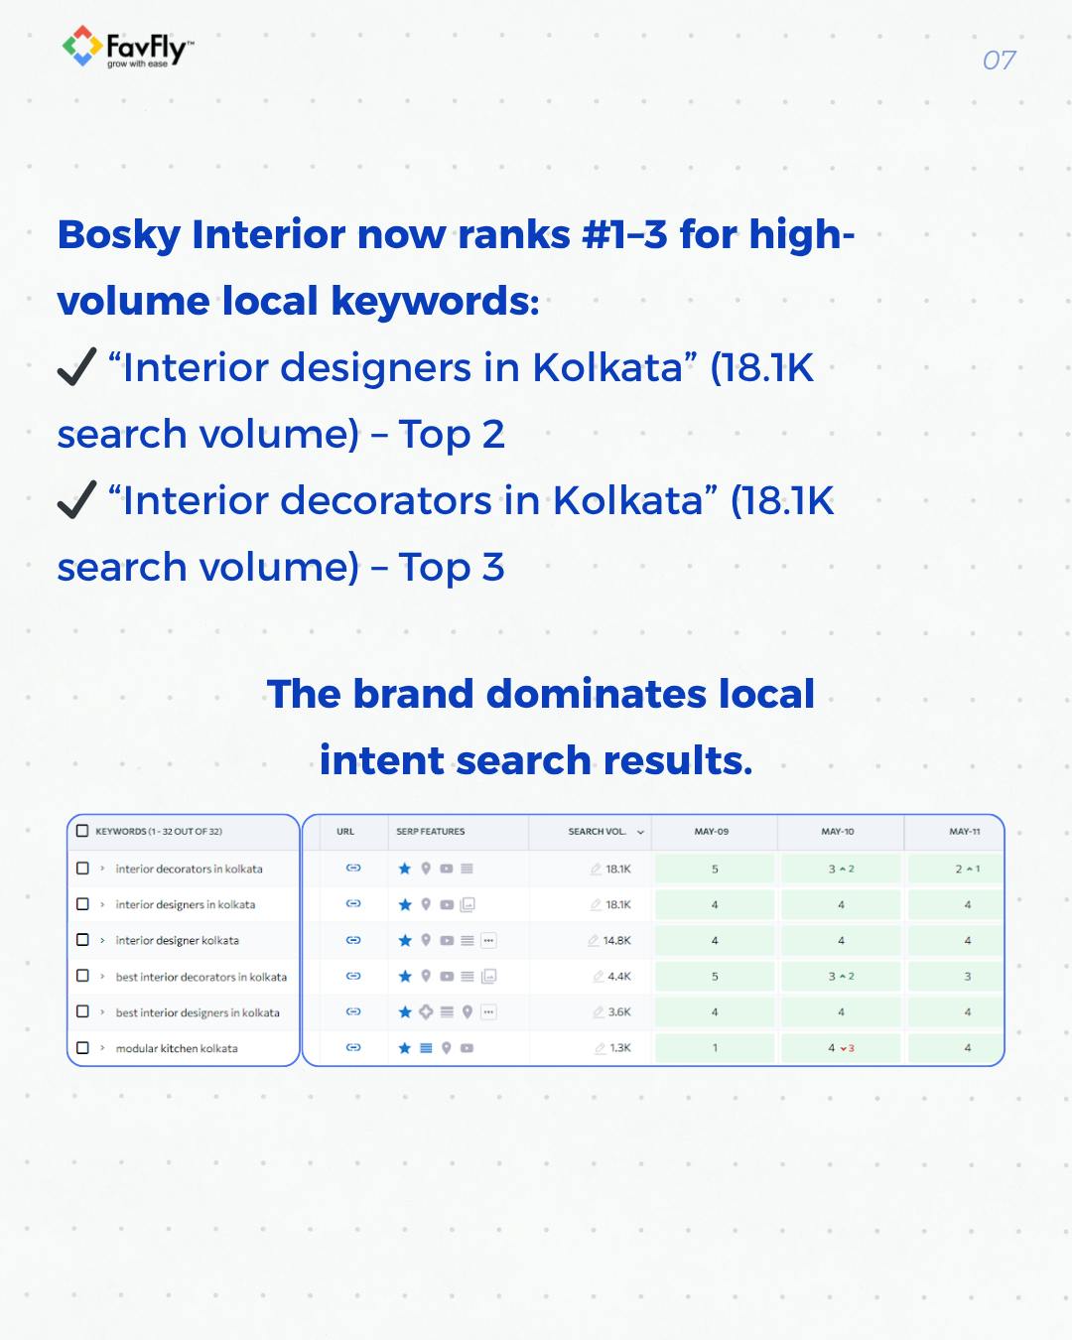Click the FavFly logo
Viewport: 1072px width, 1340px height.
(x=127, y=48)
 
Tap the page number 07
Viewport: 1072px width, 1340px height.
(x=999, y=61)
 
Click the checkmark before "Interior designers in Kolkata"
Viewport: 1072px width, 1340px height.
(x=76, y=366)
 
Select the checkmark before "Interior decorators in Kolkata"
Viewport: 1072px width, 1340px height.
(x=76, y=499)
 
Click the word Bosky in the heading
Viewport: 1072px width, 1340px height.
(x=119, y=235)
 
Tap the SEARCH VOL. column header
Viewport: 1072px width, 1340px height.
(x=598, y=832)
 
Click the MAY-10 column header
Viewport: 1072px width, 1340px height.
(x=838, y=832)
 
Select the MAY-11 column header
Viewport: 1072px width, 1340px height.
(x=964, y=832)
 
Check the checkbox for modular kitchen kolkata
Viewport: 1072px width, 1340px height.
(x=83, y=1048)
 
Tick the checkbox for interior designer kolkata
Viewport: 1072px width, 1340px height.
(x=83, y=940)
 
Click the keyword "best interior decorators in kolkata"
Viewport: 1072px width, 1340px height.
(x=201, y=978)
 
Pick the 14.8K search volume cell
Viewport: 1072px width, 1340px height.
(x=616, y=941)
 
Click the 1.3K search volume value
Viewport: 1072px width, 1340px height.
(x=619, y=1048)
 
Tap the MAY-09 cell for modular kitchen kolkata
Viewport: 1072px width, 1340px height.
(x=715, y=1048)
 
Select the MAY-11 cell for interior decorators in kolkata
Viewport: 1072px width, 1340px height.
(x=967, y=870)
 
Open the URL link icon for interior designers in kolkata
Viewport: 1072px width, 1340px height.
(x=353, y=904)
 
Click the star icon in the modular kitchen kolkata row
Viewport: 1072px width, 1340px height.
(x=405, y=1048)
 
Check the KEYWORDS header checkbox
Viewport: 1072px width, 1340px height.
(x=83, y=832)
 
